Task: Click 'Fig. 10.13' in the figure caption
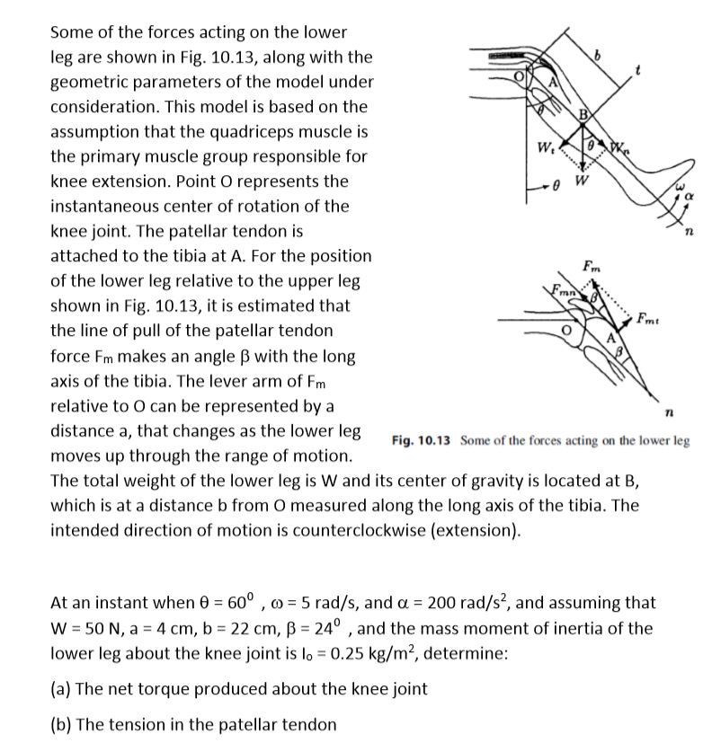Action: [423, 440]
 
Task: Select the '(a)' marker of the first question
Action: [62, 689]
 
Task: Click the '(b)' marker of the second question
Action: [63, 724]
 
